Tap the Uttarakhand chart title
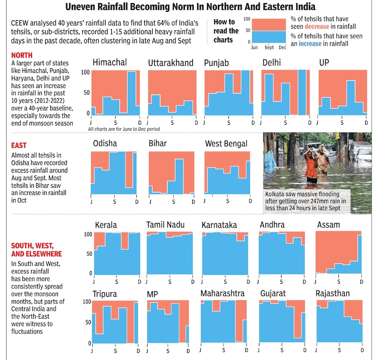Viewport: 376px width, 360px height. [171, 63]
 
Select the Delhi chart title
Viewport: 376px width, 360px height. [272, 63]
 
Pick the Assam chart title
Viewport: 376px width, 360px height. [329, 224]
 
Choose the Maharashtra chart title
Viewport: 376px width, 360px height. [223, 294]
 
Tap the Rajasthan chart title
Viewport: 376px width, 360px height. [333, 294]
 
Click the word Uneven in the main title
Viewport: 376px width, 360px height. [83, 7]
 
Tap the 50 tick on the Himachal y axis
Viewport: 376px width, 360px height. [86, 93]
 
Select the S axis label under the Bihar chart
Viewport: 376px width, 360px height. [173, 201]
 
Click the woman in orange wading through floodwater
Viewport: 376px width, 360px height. [311, 165]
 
